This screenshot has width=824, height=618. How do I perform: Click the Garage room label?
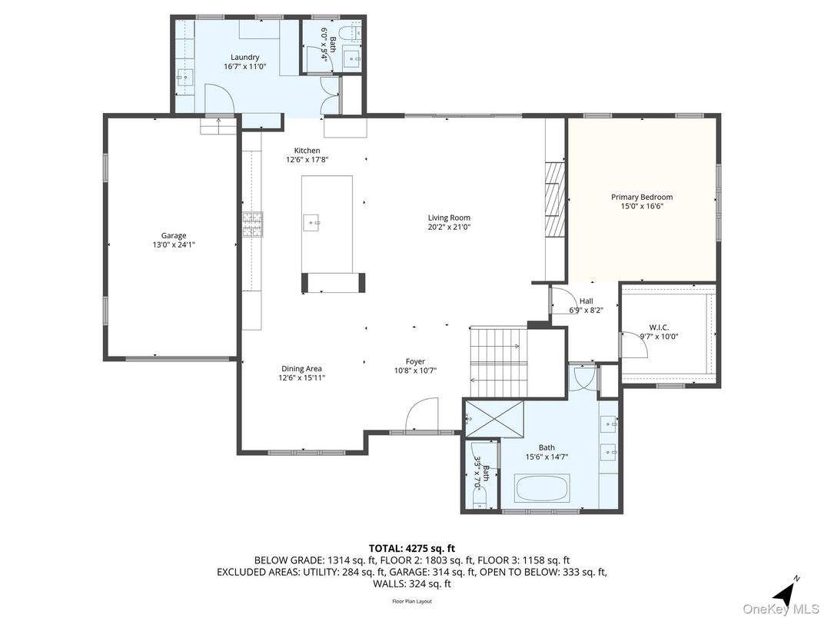tap(174, 236)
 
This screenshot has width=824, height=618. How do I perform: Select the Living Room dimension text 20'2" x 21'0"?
tap(449, 228)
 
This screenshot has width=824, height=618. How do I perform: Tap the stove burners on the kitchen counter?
tap(253, 223)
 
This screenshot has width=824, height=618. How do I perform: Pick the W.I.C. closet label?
tap(659, 327)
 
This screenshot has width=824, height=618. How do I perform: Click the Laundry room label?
tap(244, 58)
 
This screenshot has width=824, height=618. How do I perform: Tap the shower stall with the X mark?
tap(494, 418)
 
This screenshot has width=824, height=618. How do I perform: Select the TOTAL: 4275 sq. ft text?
tap(411, 548)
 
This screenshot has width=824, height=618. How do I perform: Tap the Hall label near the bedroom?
tap(586, 301)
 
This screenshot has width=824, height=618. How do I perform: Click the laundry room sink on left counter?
tap(184, 76)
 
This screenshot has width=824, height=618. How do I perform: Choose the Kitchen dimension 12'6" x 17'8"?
tap(307, 160)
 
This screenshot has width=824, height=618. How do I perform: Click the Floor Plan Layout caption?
tap(412, 601)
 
